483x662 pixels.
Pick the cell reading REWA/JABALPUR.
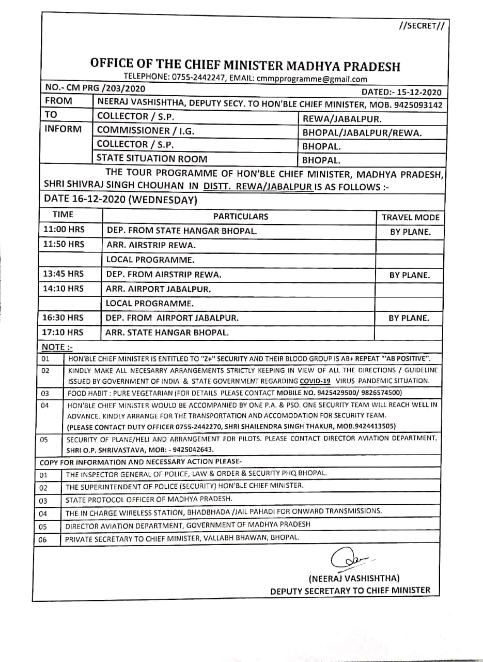tap(342, 119)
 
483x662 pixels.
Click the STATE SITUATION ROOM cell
tap(152, 159)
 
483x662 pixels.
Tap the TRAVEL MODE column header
tap(410, 217)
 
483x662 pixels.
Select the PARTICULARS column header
tap(241, 217)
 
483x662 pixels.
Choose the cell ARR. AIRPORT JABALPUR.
tap(158, 289)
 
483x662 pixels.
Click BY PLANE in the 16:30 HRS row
tap(409, 318)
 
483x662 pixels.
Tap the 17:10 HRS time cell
tap(63, 332)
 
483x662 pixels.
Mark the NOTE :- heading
tap(53, 347)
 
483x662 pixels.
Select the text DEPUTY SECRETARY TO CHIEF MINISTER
tap(350, 590)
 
